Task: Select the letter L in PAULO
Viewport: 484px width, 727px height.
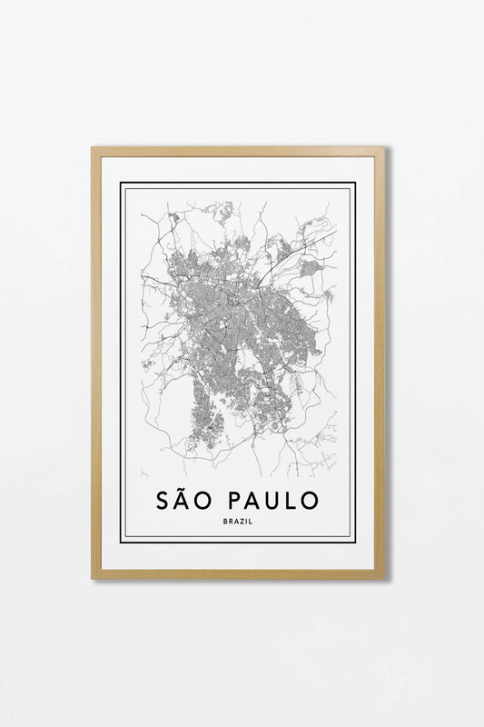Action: pos(296,500)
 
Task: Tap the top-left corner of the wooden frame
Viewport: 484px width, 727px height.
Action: pos(93,148)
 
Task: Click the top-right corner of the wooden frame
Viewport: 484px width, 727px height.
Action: pos(383,148)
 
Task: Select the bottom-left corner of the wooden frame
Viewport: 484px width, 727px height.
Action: pos(93,577)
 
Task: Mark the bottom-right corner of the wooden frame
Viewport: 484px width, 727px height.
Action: pos(383,577)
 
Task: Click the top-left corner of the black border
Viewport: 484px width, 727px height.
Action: pos(121,184)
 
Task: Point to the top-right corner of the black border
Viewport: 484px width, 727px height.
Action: pos(355,184)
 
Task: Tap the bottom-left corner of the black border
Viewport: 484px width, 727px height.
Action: pos(121,542)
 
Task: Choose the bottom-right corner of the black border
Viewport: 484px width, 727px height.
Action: pos(355,542)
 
